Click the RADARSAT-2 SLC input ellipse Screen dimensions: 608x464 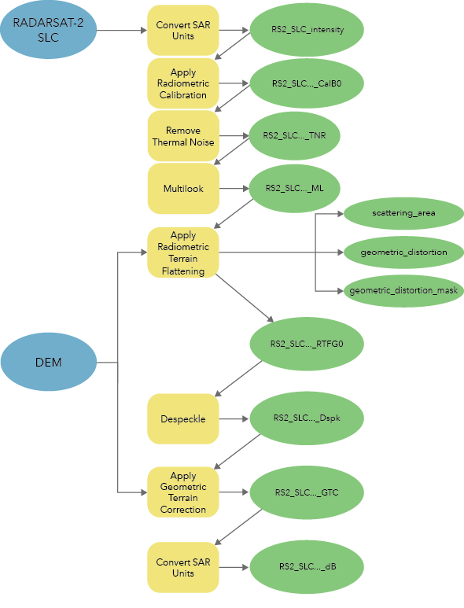(49, 31)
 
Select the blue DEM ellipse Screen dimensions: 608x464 (49, 363)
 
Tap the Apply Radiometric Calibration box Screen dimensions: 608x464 (182, 83)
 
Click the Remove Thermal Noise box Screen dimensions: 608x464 (182, 136)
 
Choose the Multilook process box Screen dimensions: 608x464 (182, 189)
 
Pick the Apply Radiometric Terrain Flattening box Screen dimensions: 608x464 (182, 252)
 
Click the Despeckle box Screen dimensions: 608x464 (182, 418)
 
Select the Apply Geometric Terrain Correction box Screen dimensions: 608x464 (182, 492)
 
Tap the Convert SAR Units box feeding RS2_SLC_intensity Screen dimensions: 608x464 (182, 31)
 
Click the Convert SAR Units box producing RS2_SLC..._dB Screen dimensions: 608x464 (182, 567)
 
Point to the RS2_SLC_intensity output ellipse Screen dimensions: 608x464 (306, 31)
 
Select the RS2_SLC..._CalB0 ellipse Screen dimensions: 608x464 (306, 83)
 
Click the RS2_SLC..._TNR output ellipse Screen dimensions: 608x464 (306, 135)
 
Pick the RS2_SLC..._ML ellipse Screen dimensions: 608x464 (306, 188)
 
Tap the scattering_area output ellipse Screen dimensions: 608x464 (403, 212)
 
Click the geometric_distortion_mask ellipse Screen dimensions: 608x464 (403, 290)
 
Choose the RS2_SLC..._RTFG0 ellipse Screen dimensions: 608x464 (306, 344)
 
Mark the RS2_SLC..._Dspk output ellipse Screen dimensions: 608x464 (306, 418)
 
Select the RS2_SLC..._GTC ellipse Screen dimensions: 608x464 (306, 492)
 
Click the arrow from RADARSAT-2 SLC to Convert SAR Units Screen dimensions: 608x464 (122, 31)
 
